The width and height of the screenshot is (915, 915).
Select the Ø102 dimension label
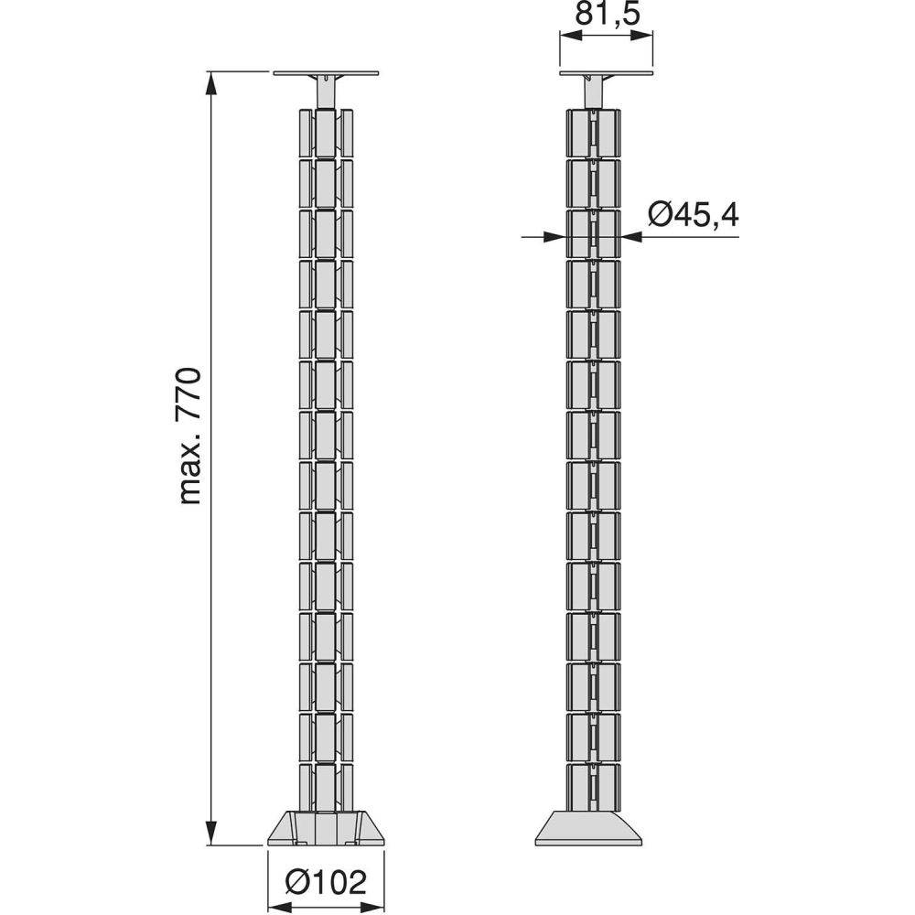click(x=326, y=882)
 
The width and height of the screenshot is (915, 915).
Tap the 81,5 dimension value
click(x=608, y=14)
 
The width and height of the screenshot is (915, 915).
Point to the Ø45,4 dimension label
click(x=694, y=215)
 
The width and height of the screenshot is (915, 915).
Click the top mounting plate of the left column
click(x=327, y=73)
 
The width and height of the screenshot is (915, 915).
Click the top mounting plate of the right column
click(x=606, y=73)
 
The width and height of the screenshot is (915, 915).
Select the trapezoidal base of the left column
click(x=326, y=827)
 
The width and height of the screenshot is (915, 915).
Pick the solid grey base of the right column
click(x=588, y=827)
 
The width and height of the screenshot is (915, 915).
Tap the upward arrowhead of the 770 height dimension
click(x=211, y=83)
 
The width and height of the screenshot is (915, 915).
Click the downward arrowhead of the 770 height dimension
click(x=211, y=833)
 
